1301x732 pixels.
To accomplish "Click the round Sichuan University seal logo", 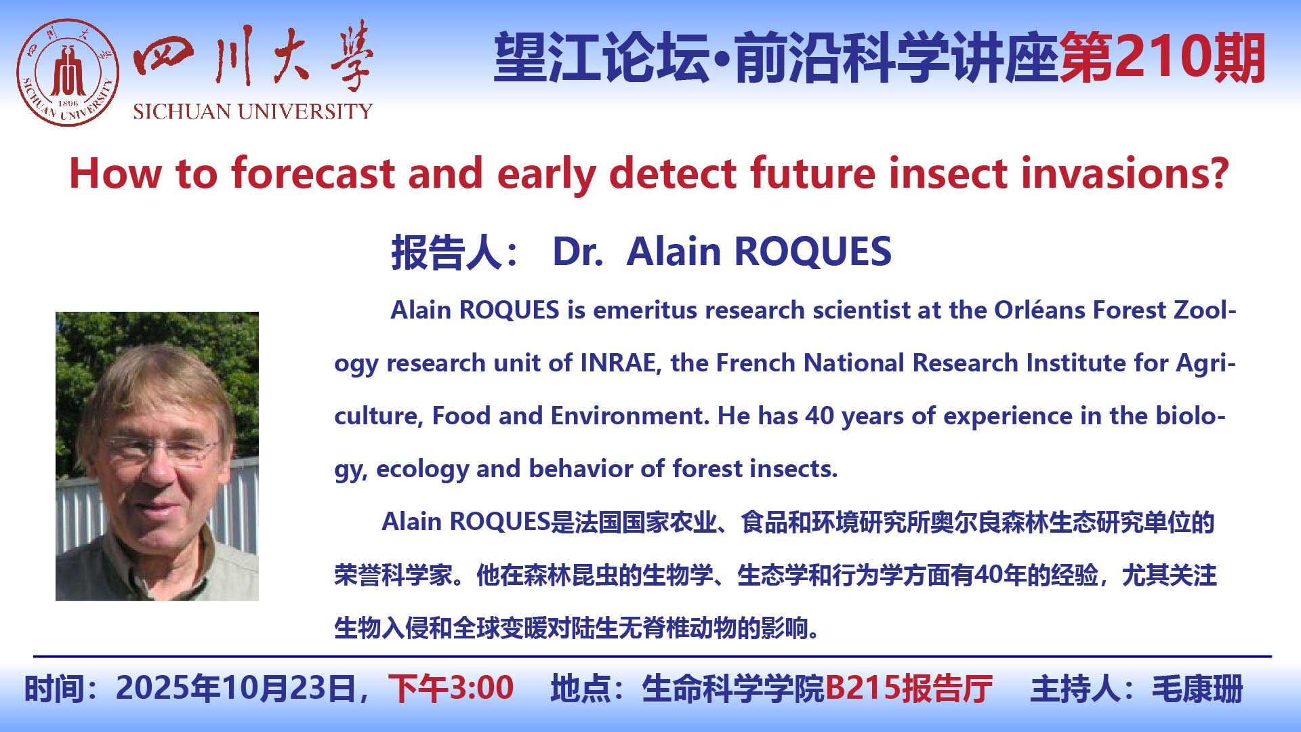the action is click(x=68, y=73).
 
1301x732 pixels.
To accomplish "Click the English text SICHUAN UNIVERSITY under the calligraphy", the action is click(x=253, y=111).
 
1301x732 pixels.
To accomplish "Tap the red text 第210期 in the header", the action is click(x=1163, y=58).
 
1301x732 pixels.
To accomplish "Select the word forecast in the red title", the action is click(x=313, y=173).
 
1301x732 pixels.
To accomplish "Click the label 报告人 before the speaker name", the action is click(x=447, y=252).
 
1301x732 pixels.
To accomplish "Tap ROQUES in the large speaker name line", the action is click(x=812, y=252).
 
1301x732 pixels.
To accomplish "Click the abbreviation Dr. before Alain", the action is click(x=578, y=252).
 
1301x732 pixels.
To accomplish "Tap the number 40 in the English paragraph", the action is click(x=819, y=416).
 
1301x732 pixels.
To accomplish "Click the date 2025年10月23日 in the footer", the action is click(x=237, y=689).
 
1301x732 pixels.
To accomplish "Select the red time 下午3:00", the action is click(x=451, y=689).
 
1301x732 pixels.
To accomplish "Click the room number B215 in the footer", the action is click(x=863, y=689).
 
